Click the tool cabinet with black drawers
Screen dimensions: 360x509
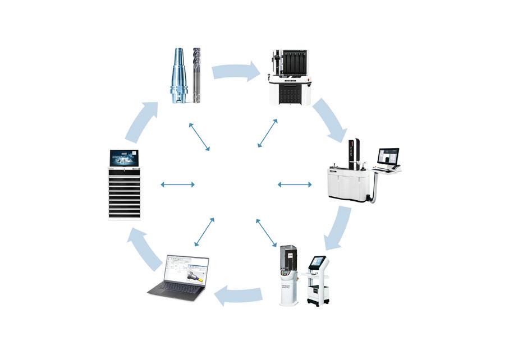124,193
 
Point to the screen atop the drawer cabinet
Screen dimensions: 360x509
124,158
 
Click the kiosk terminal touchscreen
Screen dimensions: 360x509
318,262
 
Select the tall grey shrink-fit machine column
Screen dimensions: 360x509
289,274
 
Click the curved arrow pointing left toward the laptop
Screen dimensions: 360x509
239,294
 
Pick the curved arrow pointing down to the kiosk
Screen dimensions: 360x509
337,228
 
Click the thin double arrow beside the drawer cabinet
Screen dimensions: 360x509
177,184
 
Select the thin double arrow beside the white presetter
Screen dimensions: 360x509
295,184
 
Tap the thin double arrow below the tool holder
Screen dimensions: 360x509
199,137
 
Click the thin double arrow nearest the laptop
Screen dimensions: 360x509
204,232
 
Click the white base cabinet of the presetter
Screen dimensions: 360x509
348,185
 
